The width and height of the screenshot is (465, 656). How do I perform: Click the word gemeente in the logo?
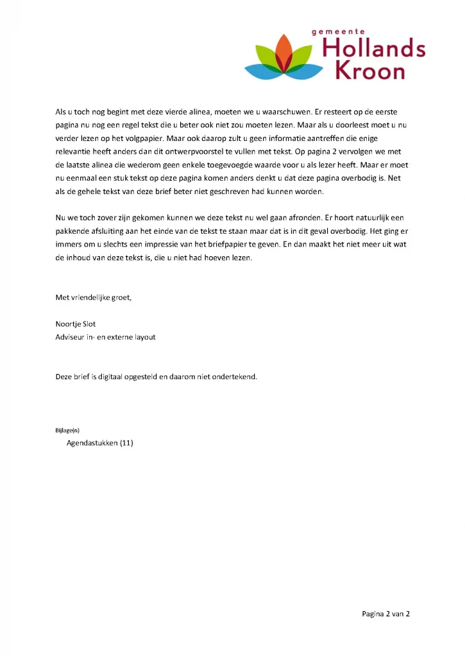pyautogui.click(x=338, y=31)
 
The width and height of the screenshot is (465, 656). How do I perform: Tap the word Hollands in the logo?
pyautogui.click(x=374, y=48)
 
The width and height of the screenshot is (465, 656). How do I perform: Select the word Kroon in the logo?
pyautogui.click(x=371, y=70)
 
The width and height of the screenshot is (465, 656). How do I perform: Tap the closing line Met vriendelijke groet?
pyautogui.click(x=94, y=297)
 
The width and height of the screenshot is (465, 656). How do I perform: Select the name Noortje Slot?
pyautogui.click(x=76, y=324)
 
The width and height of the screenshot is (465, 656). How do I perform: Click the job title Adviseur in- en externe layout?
pyautogui.click(x=105, y=337)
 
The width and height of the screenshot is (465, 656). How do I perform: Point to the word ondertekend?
pyautogui.click(x=235, y=377)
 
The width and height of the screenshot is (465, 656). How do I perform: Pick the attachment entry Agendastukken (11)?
pyautogui.click(x=99, y=443)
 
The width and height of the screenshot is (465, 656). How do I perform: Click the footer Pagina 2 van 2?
pyautogui.click(x=385, y=614)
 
